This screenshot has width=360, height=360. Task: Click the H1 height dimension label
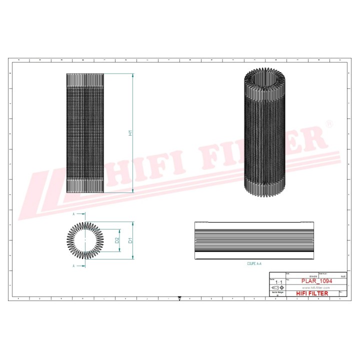129,133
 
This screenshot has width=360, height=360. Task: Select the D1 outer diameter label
129,240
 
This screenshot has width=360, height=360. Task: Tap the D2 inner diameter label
116,240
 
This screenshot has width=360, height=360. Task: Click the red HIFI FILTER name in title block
312,293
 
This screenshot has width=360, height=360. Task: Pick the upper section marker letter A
73,213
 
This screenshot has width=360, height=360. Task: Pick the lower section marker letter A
73,266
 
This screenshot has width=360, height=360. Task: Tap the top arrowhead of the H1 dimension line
133,75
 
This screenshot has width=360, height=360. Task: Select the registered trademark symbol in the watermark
328,123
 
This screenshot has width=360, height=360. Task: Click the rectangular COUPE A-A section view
254,240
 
